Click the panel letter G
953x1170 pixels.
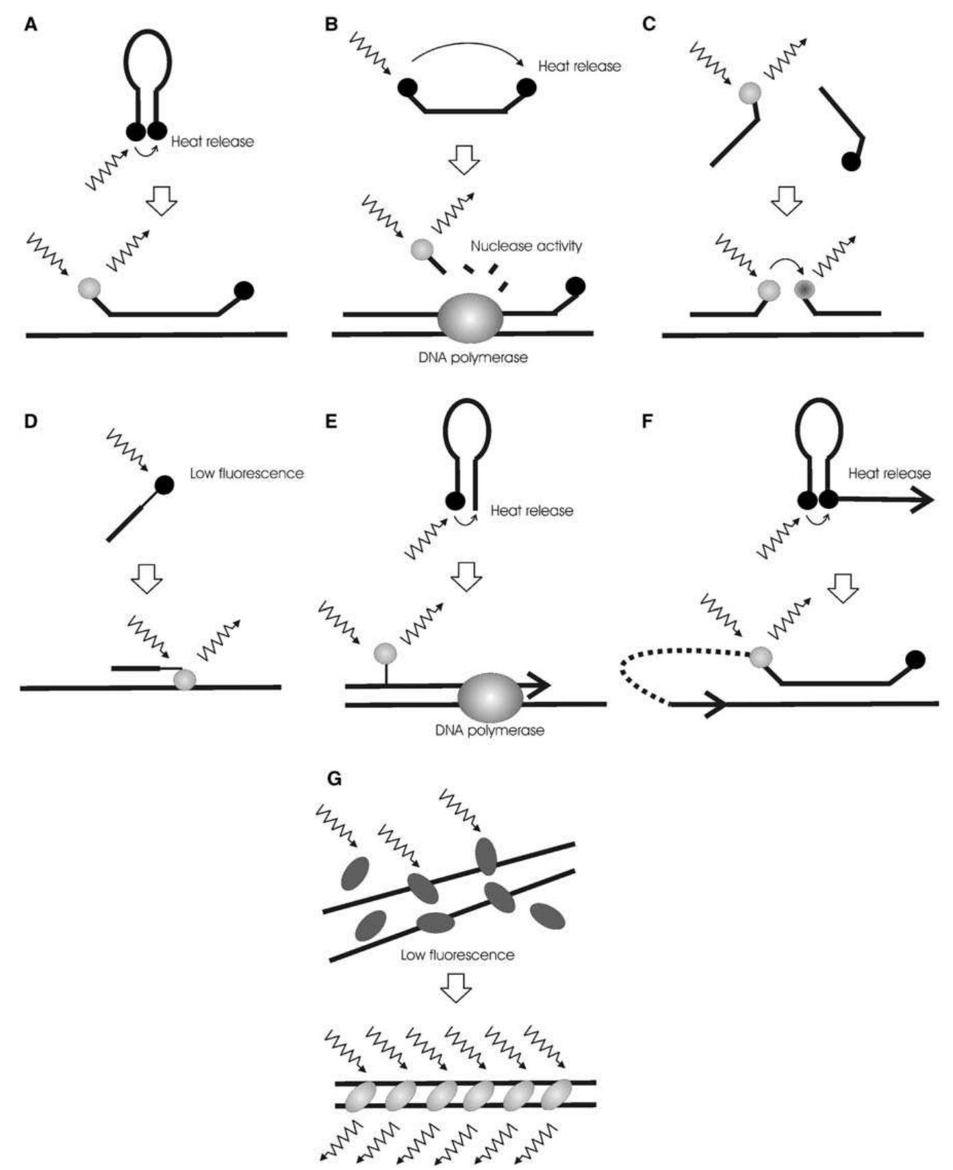[335, 779]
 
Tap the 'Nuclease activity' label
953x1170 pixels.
[526, 246]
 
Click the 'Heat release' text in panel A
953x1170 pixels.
[212, 142]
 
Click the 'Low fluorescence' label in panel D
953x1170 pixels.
[246, 473]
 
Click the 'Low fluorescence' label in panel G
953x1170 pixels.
[457, 954]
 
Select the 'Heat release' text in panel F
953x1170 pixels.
[889, 473]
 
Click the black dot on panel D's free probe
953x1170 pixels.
[164, 485]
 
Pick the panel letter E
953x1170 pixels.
[332, 421]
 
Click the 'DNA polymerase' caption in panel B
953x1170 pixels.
[473, 357]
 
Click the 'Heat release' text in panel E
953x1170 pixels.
[532, 510]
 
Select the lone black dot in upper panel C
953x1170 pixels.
[851, 161]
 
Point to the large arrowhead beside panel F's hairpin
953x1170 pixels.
[918, 500]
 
